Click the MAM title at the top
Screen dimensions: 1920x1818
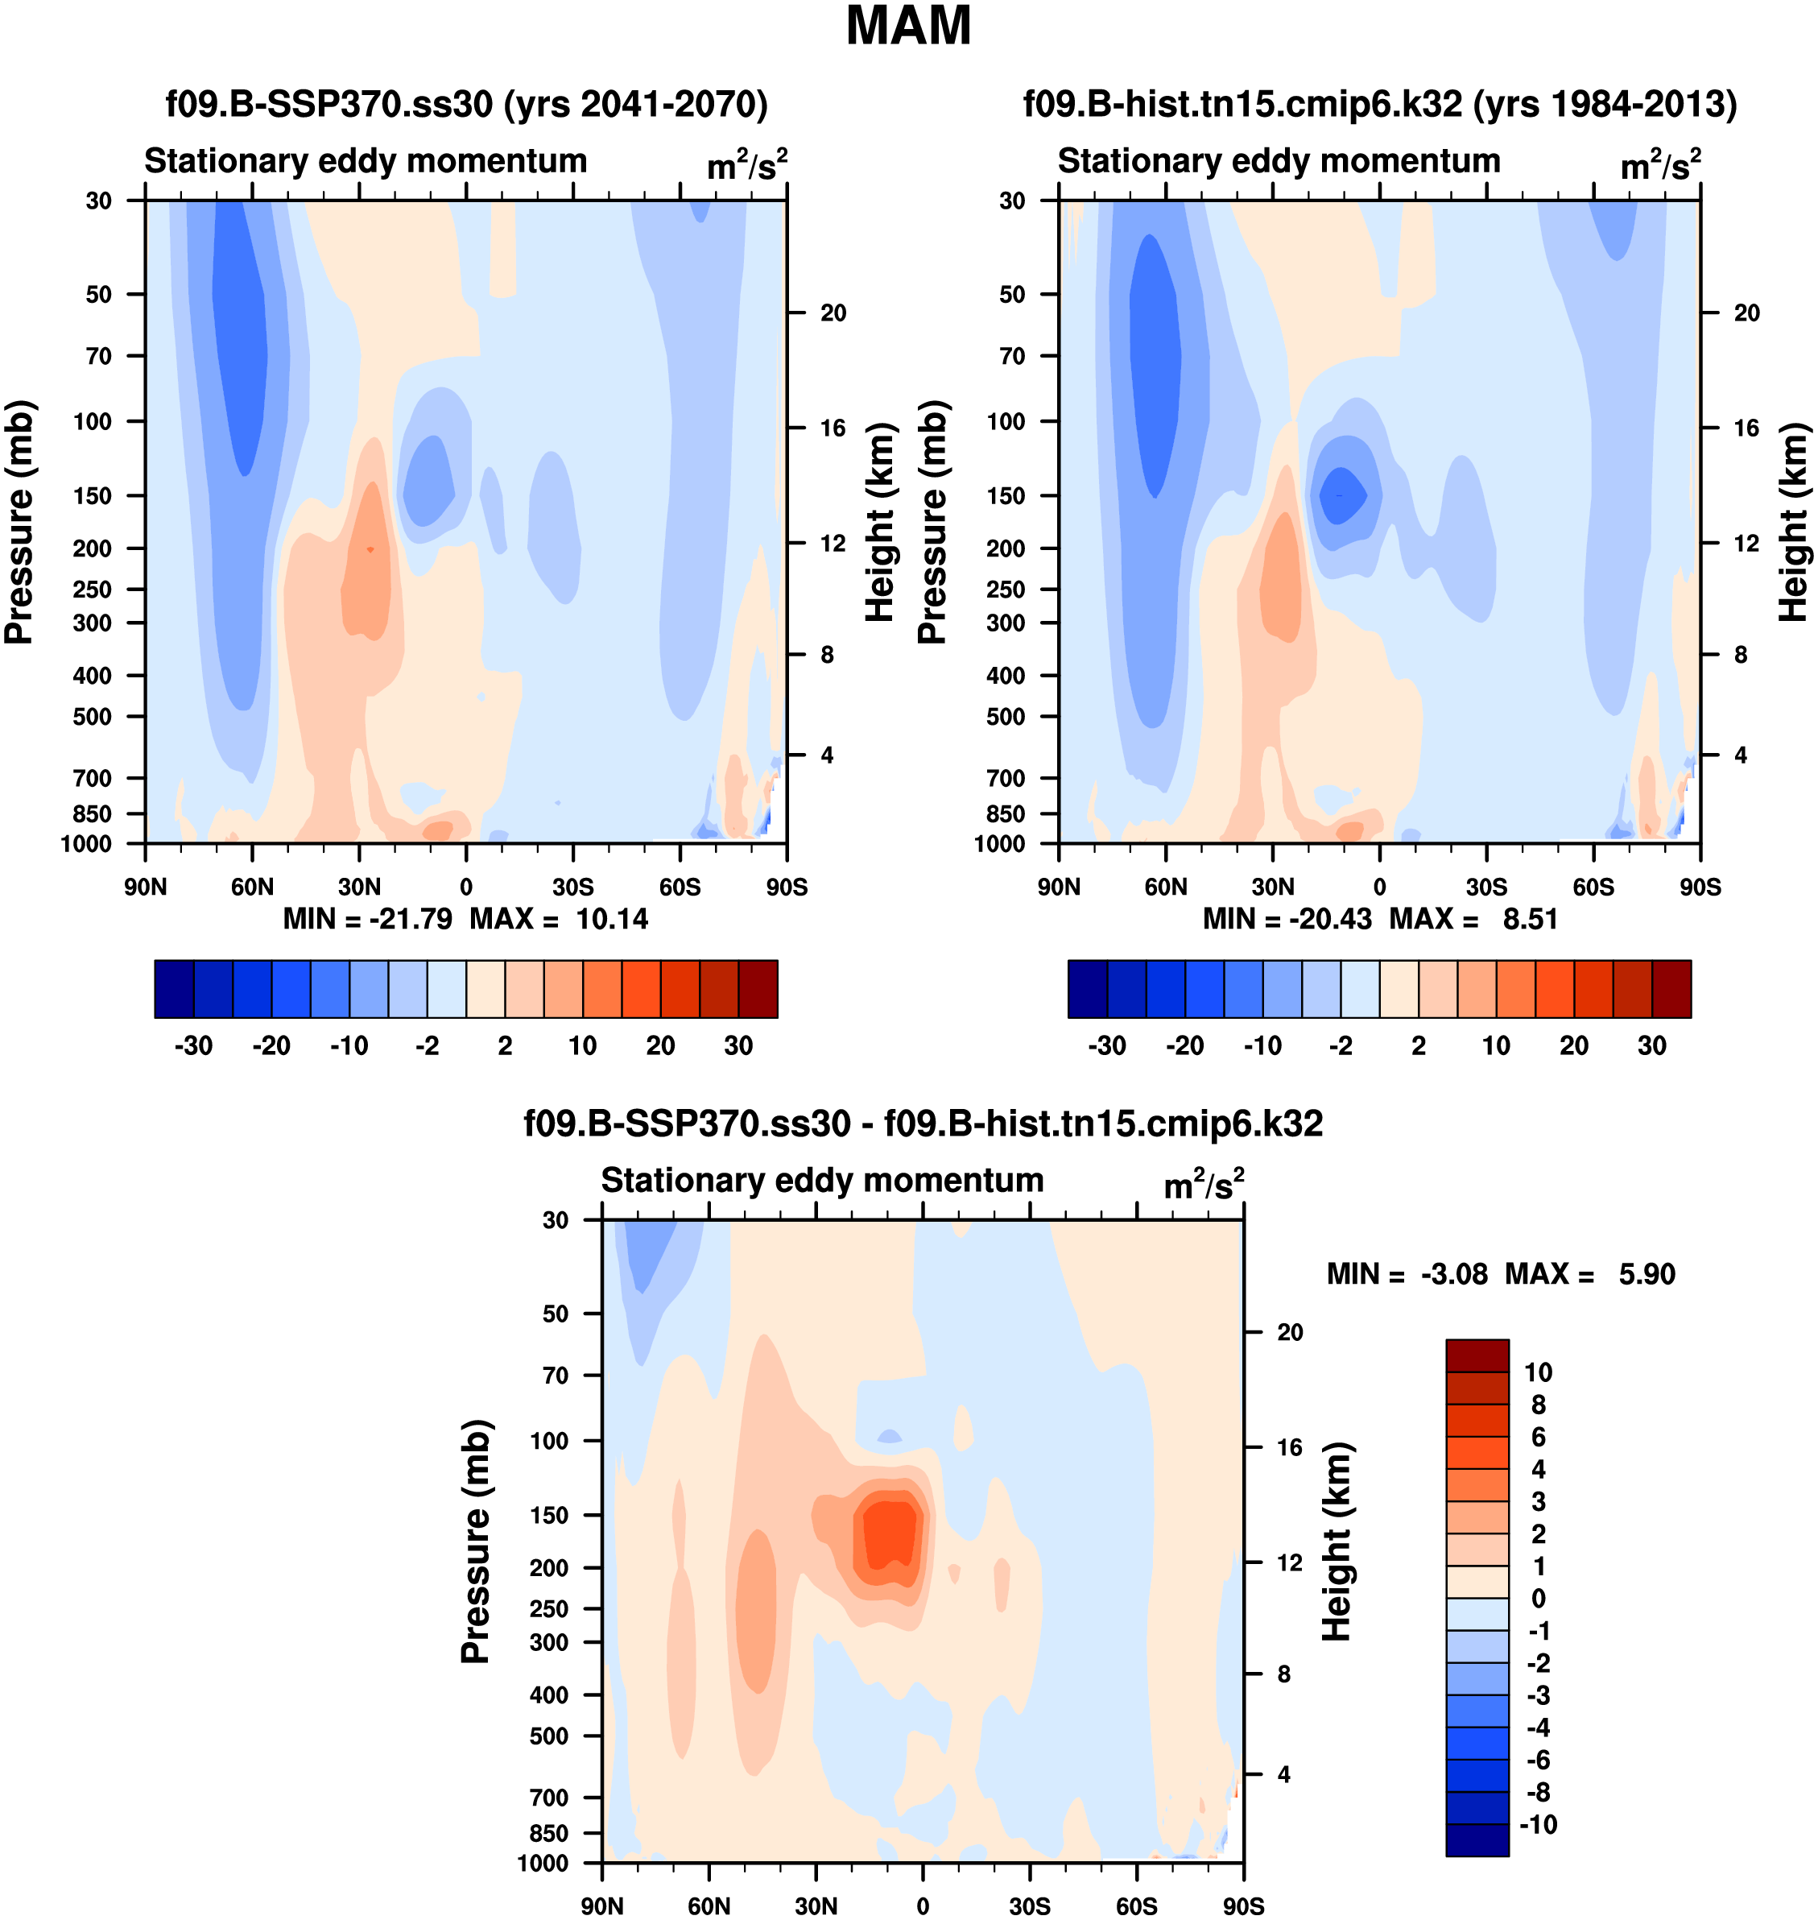[x=908, y=26]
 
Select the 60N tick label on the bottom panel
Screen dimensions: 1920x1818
[x=709, y=1906]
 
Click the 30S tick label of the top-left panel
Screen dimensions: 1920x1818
[x=572, y=887]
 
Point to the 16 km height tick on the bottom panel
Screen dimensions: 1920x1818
[x=1289, y=1447]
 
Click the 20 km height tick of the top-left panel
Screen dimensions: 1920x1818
[x=833, y=313]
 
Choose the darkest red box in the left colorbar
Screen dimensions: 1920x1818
[x=758, y=989]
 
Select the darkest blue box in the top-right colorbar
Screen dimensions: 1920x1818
[x=1087, y=989]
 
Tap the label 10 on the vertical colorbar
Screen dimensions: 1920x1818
[x=1538, y=1372]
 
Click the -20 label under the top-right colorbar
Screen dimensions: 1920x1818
[x=1184, y=1046]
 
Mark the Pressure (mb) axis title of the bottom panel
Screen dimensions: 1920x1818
[x=476, y=1541]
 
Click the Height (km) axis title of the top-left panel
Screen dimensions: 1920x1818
[x=879, y=523]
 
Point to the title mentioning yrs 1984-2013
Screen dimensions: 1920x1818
[x=1380, y=104]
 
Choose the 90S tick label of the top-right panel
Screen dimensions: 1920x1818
[x=1700, y=887]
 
